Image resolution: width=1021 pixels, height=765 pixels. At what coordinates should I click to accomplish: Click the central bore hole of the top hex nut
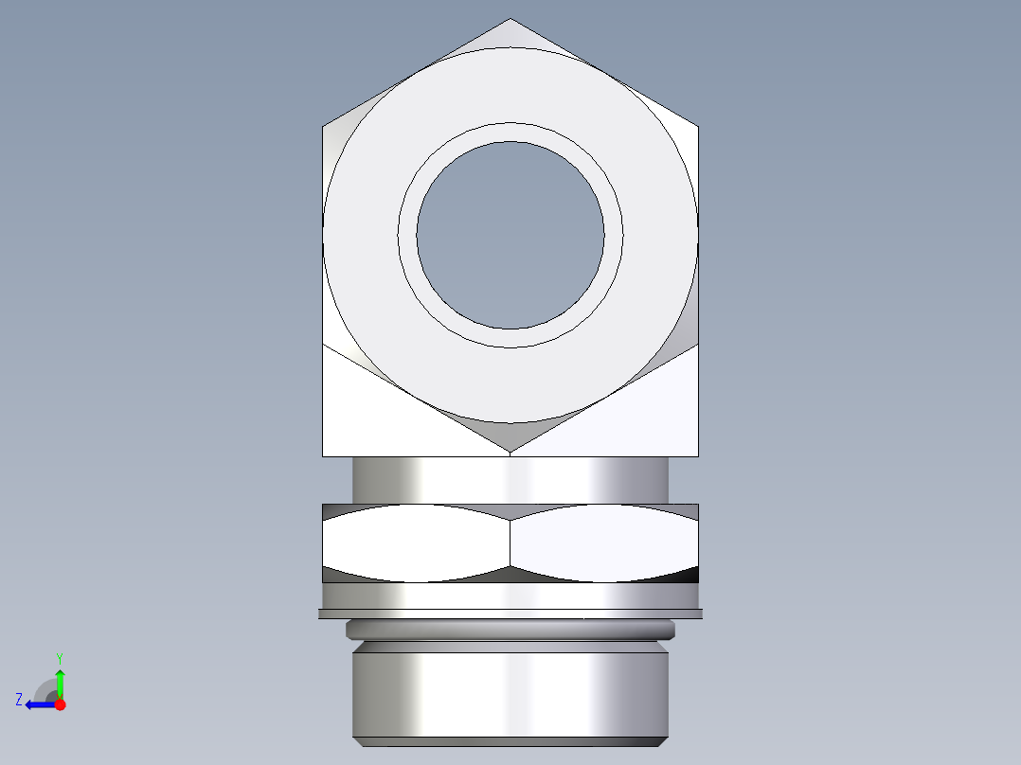pos(510,235)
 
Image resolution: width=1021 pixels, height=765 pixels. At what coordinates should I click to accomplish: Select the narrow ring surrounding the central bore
pos(510,133)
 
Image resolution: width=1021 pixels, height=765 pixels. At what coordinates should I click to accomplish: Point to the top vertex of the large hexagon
pos(510,20)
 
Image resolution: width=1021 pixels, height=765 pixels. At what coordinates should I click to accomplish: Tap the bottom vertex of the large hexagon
pos(510,451)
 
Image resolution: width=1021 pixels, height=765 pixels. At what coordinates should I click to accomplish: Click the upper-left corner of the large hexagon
pos(324,126)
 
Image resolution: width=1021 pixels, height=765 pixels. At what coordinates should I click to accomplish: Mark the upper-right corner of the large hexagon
pos(698,126)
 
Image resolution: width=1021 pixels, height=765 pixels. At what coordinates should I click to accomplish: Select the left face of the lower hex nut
pos(417,543)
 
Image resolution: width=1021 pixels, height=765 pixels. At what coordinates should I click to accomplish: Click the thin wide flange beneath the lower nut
pos(510,614)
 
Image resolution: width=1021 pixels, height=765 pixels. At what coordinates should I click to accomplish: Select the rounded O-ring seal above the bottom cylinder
pos(510,629)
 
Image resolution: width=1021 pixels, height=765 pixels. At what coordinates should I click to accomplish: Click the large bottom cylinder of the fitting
pos(510,691)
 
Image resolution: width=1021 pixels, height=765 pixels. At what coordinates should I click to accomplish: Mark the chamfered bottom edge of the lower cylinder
pos(510,741)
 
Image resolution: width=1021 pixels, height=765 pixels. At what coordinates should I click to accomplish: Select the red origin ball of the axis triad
pos(60,704)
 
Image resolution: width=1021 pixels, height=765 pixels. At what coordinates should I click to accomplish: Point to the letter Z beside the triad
pos(19,700)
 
